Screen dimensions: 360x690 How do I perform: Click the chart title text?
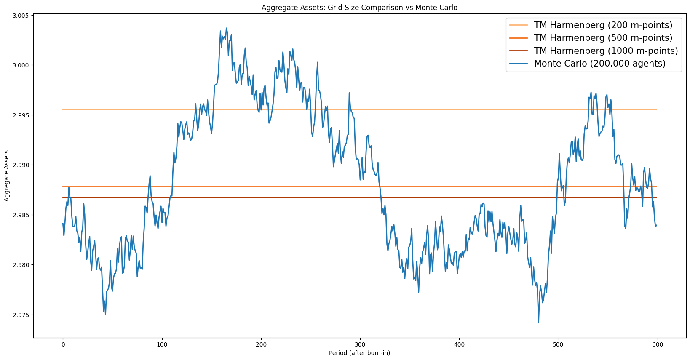point(359,8)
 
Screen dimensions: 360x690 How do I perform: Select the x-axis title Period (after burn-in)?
point(359,353)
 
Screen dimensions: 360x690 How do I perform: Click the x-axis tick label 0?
point(63,344)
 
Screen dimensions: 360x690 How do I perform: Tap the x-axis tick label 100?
point(162,344)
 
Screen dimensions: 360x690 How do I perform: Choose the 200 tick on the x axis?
point(261,344)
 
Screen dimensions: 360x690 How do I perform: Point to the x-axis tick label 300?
point(360,344)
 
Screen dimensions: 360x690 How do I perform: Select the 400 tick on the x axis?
point(459,344)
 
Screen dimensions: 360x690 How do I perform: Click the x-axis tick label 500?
point(559,344)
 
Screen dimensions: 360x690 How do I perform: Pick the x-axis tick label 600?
point(658,344)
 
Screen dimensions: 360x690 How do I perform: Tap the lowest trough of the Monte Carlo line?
point(538,323)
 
